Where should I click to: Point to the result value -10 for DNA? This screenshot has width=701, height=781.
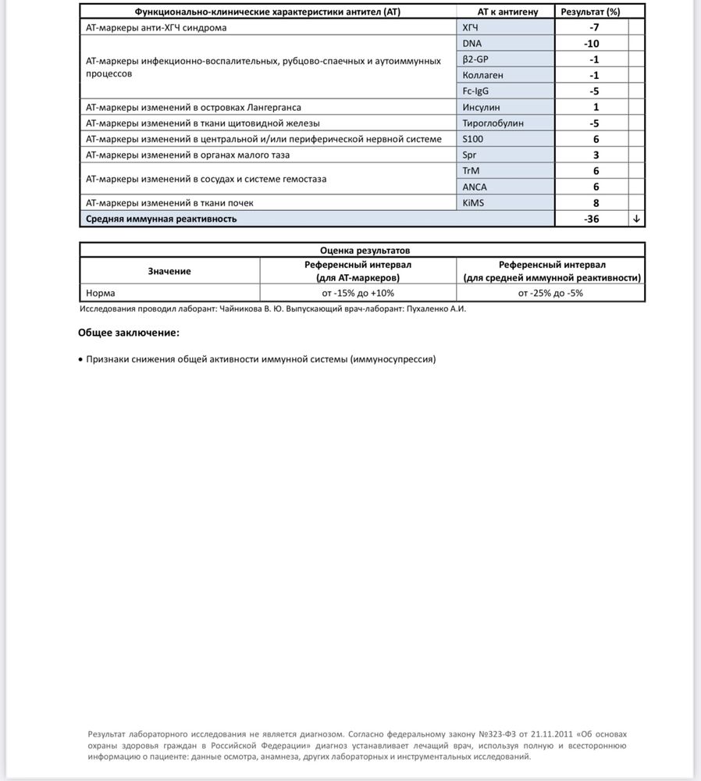click(x=594, y=43)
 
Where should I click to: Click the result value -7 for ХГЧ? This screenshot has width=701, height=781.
click(x=594, y=27)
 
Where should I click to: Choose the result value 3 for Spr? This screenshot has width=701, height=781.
click(x=595, y=155)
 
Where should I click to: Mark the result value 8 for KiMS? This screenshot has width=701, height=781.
click(x=595, y=203)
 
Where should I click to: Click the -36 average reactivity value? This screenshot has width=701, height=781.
click(x=592, y=219)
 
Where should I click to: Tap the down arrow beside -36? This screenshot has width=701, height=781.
click(x=637, y=219)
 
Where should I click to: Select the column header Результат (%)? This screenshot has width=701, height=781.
click(x=591, y=12)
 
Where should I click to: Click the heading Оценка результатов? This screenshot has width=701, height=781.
click(x=362, y=251)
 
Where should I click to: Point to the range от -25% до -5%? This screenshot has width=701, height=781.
click(x=551, y=293)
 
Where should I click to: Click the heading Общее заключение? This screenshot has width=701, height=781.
click(x=128, y=333)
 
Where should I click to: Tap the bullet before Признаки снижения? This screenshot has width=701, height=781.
click(x=81, y=359)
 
